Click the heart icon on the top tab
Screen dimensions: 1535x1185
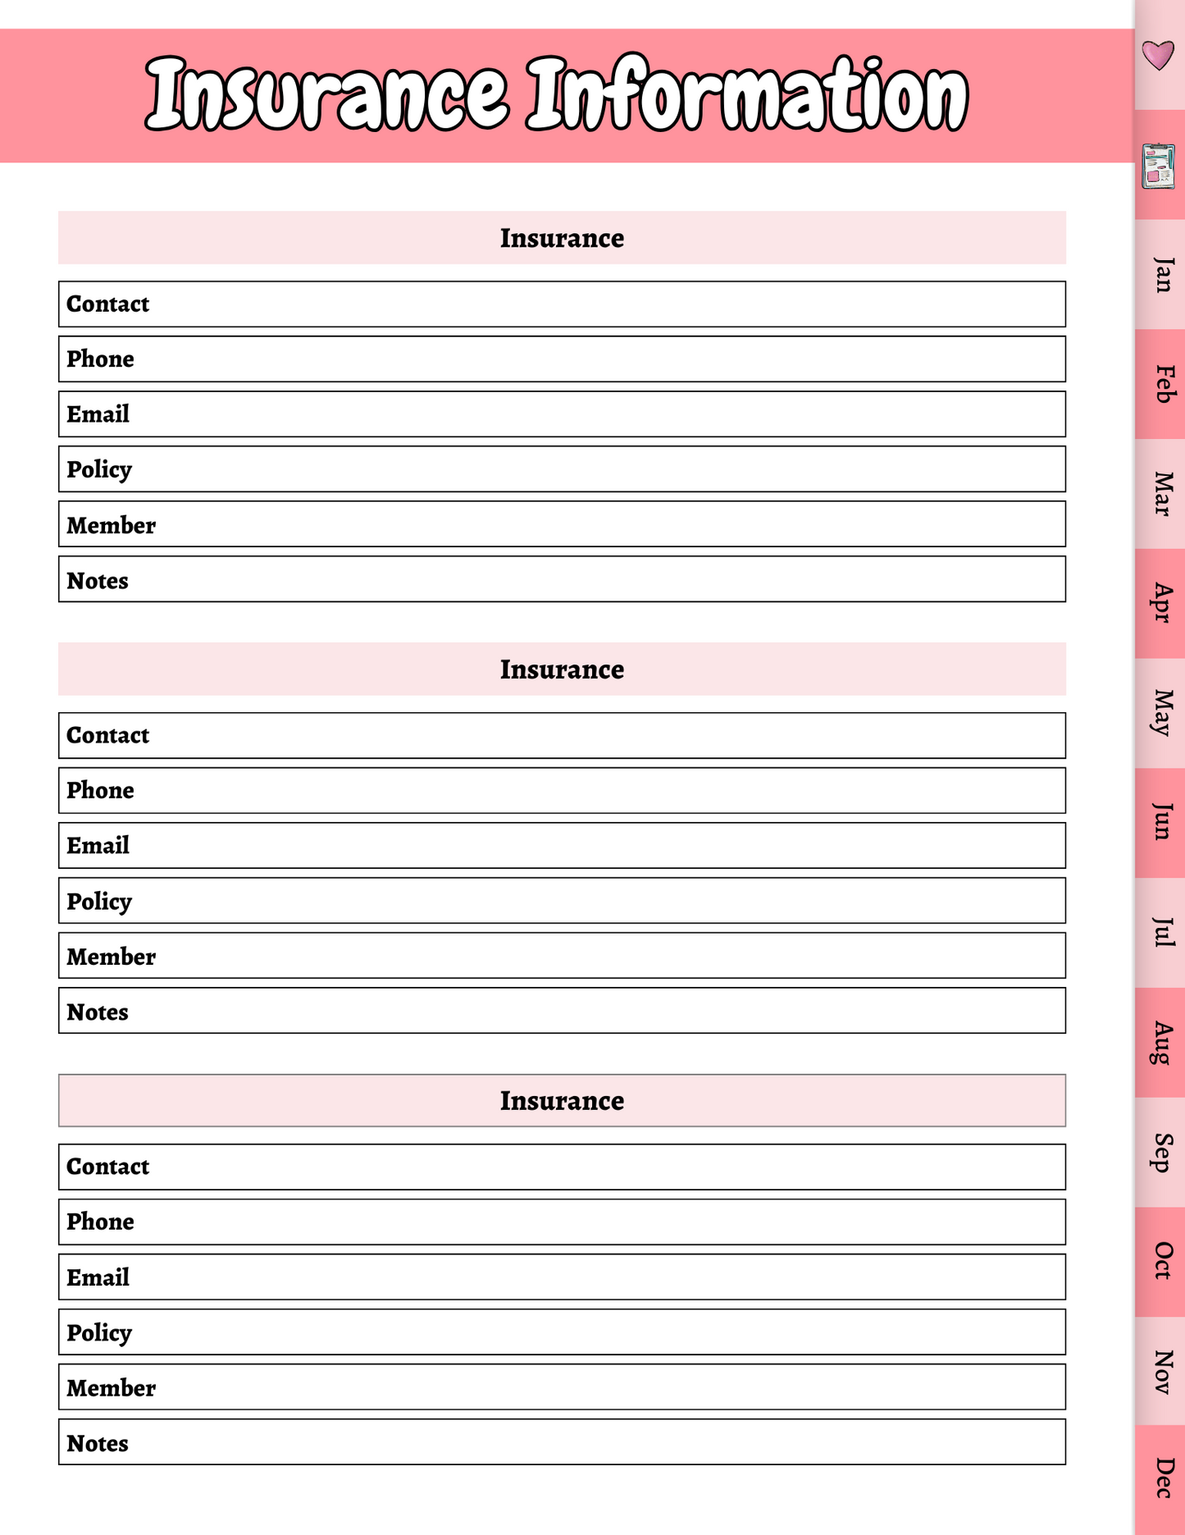pyautogui.click(x=1158, y=55)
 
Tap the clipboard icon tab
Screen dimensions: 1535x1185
pyautogui.click(x=1158, y=166)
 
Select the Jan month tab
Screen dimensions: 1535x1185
pyautogui.click(x=1162, y=275)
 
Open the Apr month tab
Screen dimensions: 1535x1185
pyautogui.click(x=1162, y=603)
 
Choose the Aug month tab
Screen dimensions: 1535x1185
pyautogui.click(x=1162, y=1043)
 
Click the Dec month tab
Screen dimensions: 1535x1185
pyautogui.click(x=1162, y=1478)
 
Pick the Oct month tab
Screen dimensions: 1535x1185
pyautogui.click(x=1162, y=1261)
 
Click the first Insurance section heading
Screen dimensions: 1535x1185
pyautogui.click(x=562, y=238)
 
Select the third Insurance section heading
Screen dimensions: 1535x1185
pyautogui.click(x=562, y=1100)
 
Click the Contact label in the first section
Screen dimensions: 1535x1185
pyautogui.click(x=107, y=304)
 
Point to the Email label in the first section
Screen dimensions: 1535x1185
pyautogui.click(x=98, y=414)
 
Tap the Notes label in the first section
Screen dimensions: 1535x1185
pyautogui.click(x=98, y=581)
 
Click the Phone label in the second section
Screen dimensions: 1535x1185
pyautogui.click(x=100, y=790)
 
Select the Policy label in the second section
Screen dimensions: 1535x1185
pyautogui.click(x=99, y=901)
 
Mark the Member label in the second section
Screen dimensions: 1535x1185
pyautogui.click(x=111, y=957)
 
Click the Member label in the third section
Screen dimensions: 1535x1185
pyautogui.click(x=111, y=1388)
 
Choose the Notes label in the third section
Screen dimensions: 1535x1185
pyautogui.click(x=98, y=1443)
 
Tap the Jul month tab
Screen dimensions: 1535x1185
pyautogui.click(x=1162, y=933)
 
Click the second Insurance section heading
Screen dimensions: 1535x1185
pyautogui.click(x=562, y=669)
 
